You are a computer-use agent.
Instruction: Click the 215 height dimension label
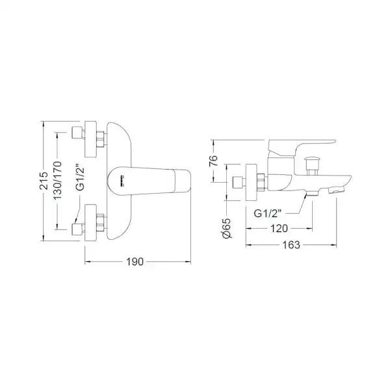pyautogui.click(x=44, y=181)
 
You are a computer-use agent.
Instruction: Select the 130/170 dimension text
pyautogui.click(x=58, y=180)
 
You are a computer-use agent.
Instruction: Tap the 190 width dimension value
pyautogui.click(x=135, y=262)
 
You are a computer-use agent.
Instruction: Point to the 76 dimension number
pyautogui.click(x=213, y=161)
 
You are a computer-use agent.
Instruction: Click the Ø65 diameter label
pyautogui.click(x=227, y=228)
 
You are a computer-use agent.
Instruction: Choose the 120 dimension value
pyautogui.click(x=279, y=228)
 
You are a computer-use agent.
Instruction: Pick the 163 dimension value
pyautogui.click(x=291, y=245)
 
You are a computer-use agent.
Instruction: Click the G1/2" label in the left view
pyautogui.click(x=81, y=179)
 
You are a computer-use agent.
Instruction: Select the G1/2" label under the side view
pyautogui.click(x=268, y=213)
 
